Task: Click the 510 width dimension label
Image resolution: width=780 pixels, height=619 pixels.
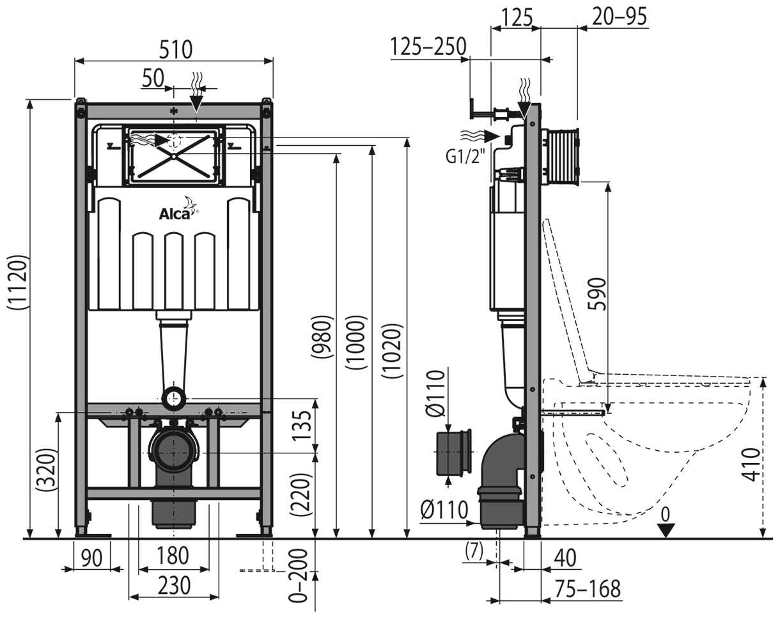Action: click(x=176, y=50)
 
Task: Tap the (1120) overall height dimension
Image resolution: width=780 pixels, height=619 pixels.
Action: click(x=18, y=283)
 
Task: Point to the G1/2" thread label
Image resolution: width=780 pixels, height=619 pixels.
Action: click(x=465, y=157)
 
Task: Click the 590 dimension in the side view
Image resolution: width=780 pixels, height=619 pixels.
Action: click(x=597, y=294)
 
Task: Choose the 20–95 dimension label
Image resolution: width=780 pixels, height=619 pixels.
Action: click(x=620, y=17)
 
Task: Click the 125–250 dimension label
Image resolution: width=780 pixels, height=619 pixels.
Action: click(x=428, y=47)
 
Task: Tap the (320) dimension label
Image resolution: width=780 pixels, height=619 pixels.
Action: click(x=48, y=469)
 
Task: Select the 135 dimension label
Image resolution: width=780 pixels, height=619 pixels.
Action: click(x=302, y=425)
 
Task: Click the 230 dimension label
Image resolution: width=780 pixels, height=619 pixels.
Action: click(x=174, y=585)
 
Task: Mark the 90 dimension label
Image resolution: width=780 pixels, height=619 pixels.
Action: click(x=91, y=558)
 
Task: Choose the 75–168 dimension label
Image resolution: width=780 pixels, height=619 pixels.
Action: click(x=588, y=589)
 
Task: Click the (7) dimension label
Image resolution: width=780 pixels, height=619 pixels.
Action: click(x=474, y=552)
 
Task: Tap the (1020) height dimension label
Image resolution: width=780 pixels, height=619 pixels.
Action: click(x=392, y=351)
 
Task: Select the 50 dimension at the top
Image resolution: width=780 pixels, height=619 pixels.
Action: click(x=153, y=78)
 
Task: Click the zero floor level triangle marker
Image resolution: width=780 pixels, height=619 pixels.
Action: click(x=666, y=531)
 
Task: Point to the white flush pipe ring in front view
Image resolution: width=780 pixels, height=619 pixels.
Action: click(x=175, y=398)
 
